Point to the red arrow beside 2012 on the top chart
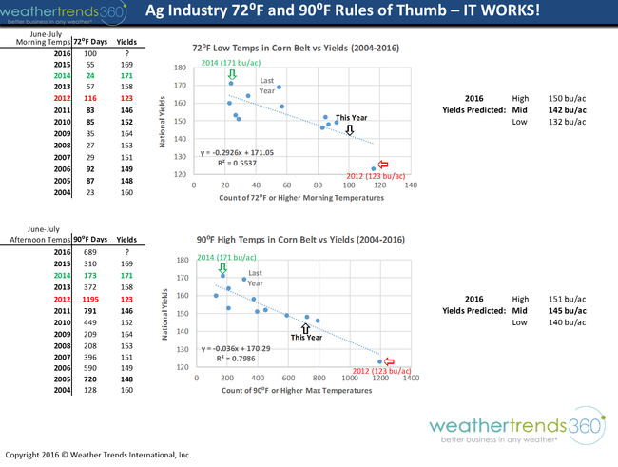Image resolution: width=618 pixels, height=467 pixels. (x=384, y=164)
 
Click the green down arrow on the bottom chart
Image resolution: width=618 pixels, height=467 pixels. (x=223, y=267)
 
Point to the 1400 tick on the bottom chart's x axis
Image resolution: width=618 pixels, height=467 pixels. (x=413, y=378)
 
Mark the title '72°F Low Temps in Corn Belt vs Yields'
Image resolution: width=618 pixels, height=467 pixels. (x=296, y=47)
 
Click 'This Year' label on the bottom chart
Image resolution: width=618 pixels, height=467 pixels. (x=307, y=337)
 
